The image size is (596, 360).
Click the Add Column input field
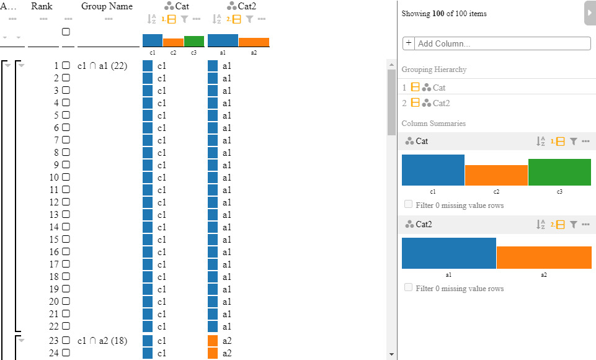pyautogui.click(x=502, y=43)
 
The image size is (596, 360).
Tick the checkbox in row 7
pyautogui.click(x=66, y=140)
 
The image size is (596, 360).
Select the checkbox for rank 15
pyautogui.click(x=66, y=239)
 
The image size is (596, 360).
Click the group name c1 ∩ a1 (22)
pyautogui.click(x=102, y=66)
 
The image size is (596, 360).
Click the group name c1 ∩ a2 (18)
pyautogui.click(x=102, y=341)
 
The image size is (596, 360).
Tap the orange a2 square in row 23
pyautogui.click(x=213, y=341)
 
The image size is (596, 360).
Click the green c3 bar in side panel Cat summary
pyautogui.click(x=559, y=173)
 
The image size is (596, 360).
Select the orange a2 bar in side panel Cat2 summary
pyautogui.click(x=544, y=258)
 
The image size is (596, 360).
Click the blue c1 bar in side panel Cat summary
pyautogui.click(x=433, y=170)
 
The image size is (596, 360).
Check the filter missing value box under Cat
pyautogui.click(x=408, y=204)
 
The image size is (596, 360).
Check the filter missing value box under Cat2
pyautogui.click(x=408, y=287)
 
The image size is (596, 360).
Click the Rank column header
pyautogui.click(x=42, y=6)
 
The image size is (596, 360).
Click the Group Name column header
pyautogui.click(x=107, y=6)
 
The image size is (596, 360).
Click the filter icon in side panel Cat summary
pyautogui.click(x=574, y=142)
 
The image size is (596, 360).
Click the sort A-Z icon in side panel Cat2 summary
pyautogui.click(x=541, y=225)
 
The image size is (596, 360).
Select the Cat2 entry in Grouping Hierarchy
pyautogui.click(x=440, y=103)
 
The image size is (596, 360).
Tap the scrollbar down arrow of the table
pyautogui.click(x=391, y=354)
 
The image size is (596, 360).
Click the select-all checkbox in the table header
pyautogui.click(x=66, y=32)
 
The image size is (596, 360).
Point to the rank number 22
pyautogui.click(x=53, y=326)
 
